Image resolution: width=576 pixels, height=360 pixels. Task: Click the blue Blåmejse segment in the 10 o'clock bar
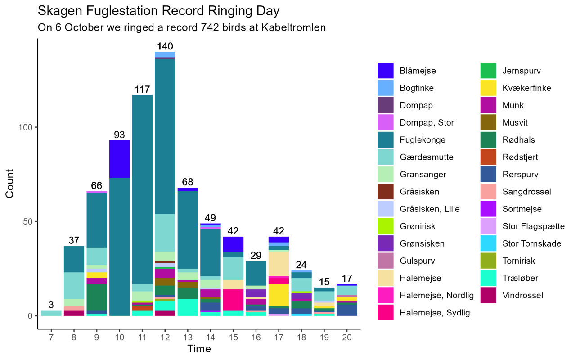point(119,159)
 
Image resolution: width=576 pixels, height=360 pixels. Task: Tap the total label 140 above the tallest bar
point(165,46)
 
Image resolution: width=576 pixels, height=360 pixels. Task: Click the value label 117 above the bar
point(142,90)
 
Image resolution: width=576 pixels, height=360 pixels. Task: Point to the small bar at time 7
point(51,313)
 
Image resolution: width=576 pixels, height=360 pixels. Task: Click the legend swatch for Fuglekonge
point(386,140)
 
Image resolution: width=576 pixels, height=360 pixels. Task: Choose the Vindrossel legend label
point(523,296)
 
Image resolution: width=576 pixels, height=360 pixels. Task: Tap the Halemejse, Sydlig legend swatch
point(386,313)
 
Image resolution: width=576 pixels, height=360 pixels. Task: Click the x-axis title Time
point(199,349)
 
